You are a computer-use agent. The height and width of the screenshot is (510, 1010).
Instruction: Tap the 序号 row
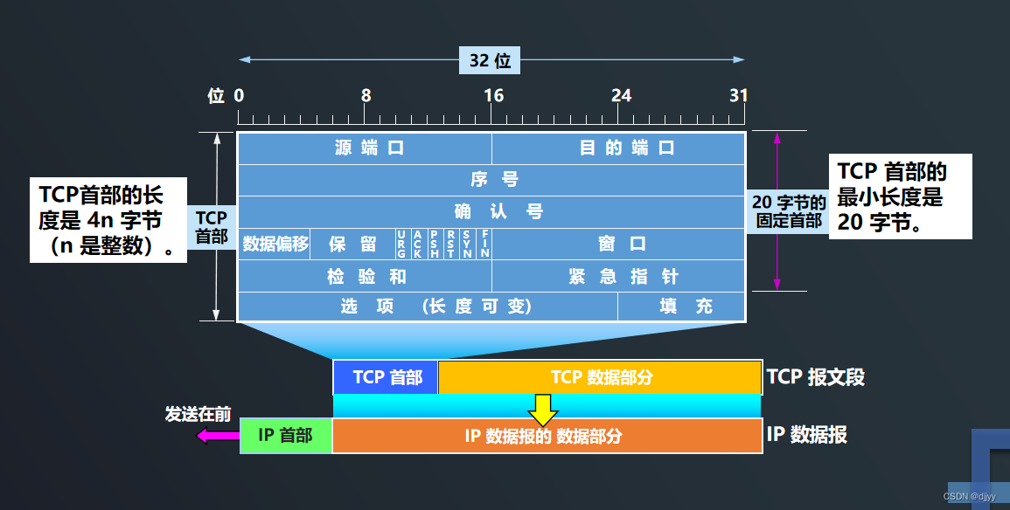[x=491, y=180]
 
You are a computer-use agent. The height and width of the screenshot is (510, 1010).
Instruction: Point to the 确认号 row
[x=491, y=211]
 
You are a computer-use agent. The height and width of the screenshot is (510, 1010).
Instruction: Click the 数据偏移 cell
[x=276, y=244]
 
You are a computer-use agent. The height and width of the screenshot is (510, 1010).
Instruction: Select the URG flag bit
[x=401, y=244]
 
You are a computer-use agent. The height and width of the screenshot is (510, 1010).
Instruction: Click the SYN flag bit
[x=467, y=244]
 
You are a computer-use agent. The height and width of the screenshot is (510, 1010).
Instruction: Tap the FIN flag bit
[x=484, y=244]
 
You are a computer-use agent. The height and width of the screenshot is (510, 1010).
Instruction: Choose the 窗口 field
[x=618, y=244]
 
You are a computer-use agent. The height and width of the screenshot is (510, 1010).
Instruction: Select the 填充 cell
[x=682, y=307]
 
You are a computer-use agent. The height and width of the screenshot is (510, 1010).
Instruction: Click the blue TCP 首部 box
[x=387, y=377]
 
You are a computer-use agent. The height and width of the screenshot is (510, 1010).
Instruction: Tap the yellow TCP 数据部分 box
[x=600, y=377]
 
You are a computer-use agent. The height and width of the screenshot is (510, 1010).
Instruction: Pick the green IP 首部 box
[x=286, y=435]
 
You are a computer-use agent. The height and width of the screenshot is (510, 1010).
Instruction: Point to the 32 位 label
[x=491, y=61]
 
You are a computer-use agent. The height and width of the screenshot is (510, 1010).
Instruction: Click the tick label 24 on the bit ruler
[x=621, y=95]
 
